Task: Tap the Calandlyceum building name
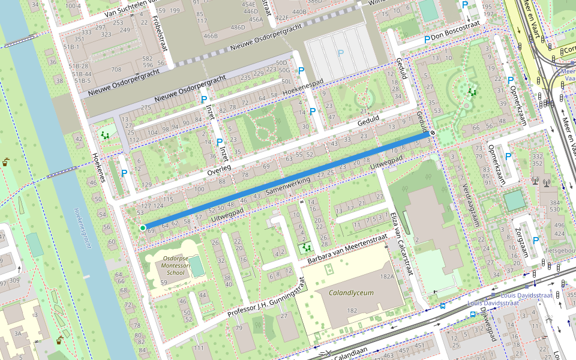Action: coord(351,293)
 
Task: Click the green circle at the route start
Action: coord(143,228)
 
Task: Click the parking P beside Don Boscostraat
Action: coord(427,40)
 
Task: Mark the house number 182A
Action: coord(386,276)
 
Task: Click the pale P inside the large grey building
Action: coord(341,53)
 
